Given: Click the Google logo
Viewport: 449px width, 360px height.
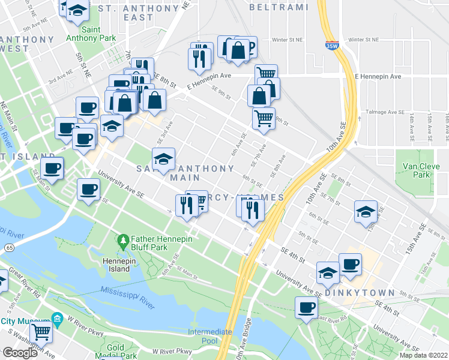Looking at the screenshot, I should (20, 352).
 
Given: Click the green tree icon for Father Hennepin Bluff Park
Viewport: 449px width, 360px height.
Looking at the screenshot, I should (124, 242).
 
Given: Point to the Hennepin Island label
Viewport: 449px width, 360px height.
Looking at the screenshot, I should (114, 265).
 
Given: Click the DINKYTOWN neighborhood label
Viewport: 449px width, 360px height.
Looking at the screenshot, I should (359, 293).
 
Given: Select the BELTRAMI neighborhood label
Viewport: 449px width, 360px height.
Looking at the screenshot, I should (278, 7).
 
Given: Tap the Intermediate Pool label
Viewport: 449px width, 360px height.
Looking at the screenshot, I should (210, 337).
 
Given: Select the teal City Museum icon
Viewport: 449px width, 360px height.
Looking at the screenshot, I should (58, 318).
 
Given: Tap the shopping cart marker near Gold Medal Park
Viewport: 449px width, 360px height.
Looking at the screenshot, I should (41, 331).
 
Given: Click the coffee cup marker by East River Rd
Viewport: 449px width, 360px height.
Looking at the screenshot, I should (306, 308).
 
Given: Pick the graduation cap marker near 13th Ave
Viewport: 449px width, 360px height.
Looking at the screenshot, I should (366, 212).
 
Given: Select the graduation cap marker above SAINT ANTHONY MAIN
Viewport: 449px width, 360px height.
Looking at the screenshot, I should (163, 159).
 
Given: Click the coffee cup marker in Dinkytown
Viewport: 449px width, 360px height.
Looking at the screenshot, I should (350, 264).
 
